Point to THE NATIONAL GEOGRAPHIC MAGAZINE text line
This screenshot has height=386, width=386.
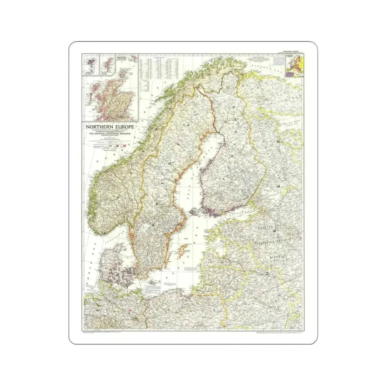[109, 134]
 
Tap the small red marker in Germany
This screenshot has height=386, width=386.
[130, 311]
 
